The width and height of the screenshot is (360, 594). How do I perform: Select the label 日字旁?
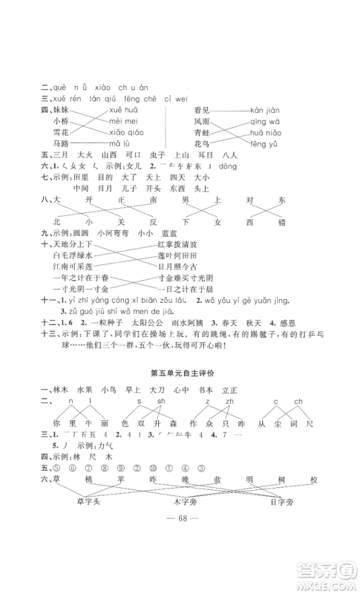pos(299,509)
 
